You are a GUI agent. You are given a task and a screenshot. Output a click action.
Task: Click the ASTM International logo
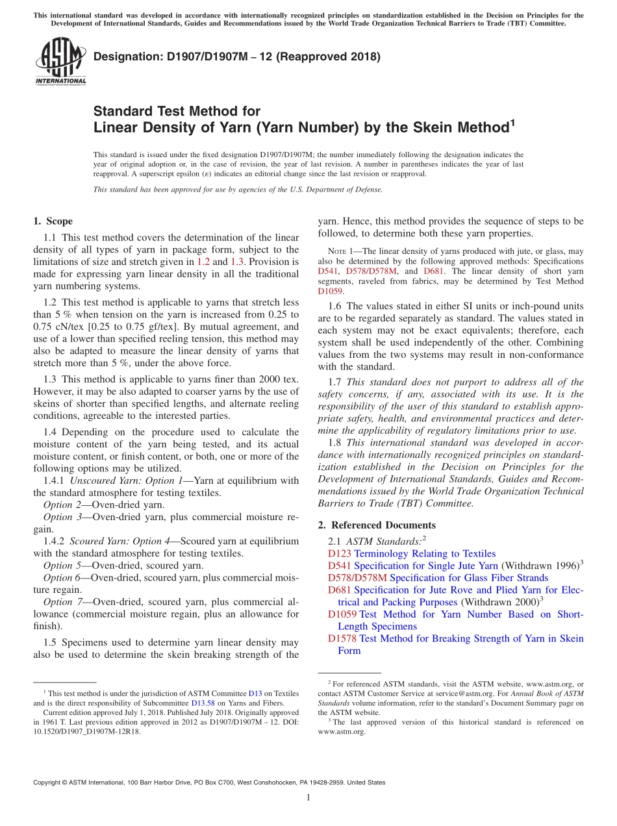point(60,61)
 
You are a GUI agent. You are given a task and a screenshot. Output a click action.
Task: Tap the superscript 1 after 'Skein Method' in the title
point(512,121)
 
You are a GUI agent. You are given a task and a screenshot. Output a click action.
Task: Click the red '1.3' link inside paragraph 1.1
point(238,262)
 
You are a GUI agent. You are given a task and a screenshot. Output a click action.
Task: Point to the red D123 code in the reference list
point(340,554)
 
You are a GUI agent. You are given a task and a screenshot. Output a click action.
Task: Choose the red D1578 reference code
point(342,639)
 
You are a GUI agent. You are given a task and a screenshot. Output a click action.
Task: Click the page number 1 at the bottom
point(308,798)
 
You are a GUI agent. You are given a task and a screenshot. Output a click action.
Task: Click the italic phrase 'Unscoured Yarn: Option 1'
point(117,481)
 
